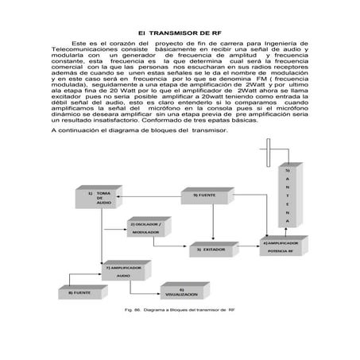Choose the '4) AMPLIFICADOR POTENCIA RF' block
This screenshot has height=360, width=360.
[x=281, y=246]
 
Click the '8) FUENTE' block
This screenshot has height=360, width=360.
[x=79, y=293]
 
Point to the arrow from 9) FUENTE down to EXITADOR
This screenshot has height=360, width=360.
[x=214, y=223]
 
